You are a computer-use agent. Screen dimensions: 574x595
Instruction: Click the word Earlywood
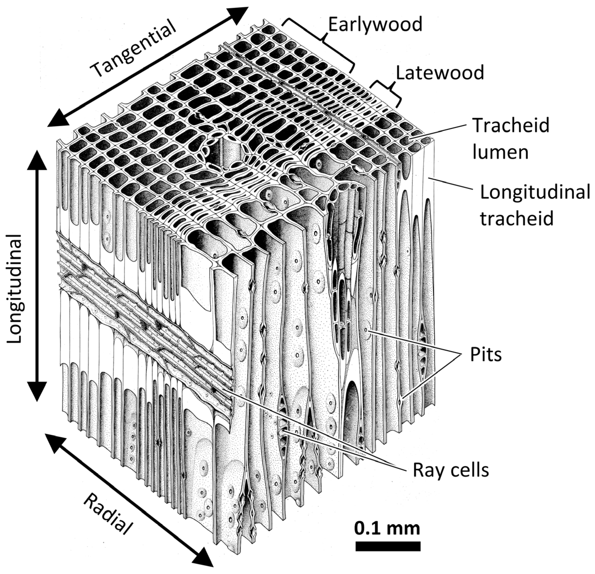[375, 25]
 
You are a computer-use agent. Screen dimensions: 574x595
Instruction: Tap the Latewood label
[440, 73]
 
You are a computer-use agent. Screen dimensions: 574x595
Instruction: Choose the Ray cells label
[451, 470]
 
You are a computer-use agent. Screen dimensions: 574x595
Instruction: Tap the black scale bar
[388, 546]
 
